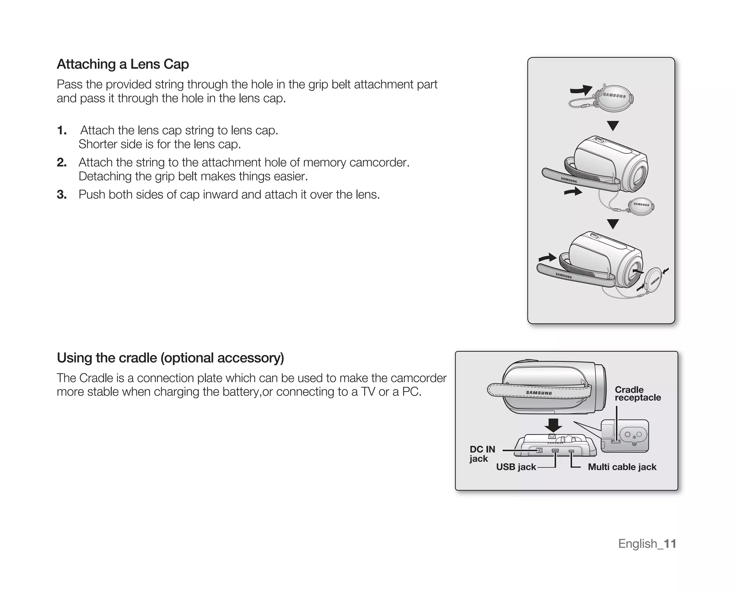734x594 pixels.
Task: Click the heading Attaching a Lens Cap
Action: click(x=123, y=64)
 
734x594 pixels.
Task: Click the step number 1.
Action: click(x=62, y=130)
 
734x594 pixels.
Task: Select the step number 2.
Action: click(x=62, y=163)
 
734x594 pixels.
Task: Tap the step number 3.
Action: click(x=62, y=195)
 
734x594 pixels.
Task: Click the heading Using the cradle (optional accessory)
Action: click(x=170, y=358)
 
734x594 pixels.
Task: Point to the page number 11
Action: click(x=669, y=544)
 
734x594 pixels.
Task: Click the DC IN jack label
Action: click(x=482, y=454)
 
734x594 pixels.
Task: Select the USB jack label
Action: click(x=516, y=467)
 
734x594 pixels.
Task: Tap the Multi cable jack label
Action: click(x=622, y=467)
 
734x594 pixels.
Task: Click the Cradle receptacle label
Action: click(x=637, y=393)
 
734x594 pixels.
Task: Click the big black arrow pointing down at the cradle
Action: click(x=553, y=426)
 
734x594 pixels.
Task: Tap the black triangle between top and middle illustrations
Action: click(x=613, y=125)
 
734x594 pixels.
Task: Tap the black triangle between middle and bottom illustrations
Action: click(x=613, y=224)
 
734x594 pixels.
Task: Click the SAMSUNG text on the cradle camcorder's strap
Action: click(x=539, y=393)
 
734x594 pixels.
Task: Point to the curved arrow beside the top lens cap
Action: click(x=581, y=90)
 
